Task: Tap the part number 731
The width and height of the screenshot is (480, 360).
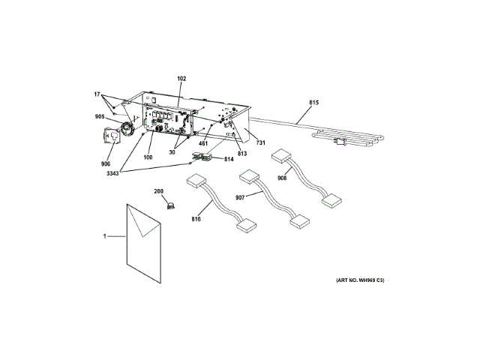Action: [x=260, y=142]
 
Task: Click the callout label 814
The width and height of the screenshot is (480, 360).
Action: [x=229, y=160]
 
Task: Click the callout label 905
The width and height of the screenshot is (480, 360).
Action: [x=100, y=116]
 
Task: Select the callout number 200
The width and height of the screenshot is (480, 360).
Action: [x=159, y=192]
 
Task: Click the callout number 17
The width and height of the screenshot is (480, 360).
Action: [x=97, y=94]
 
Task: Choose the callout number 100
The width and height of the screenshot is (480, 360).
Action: [x=148, y=157]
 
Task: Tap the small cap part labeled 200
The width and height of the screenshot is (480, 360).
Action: [x=170, y=203]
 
